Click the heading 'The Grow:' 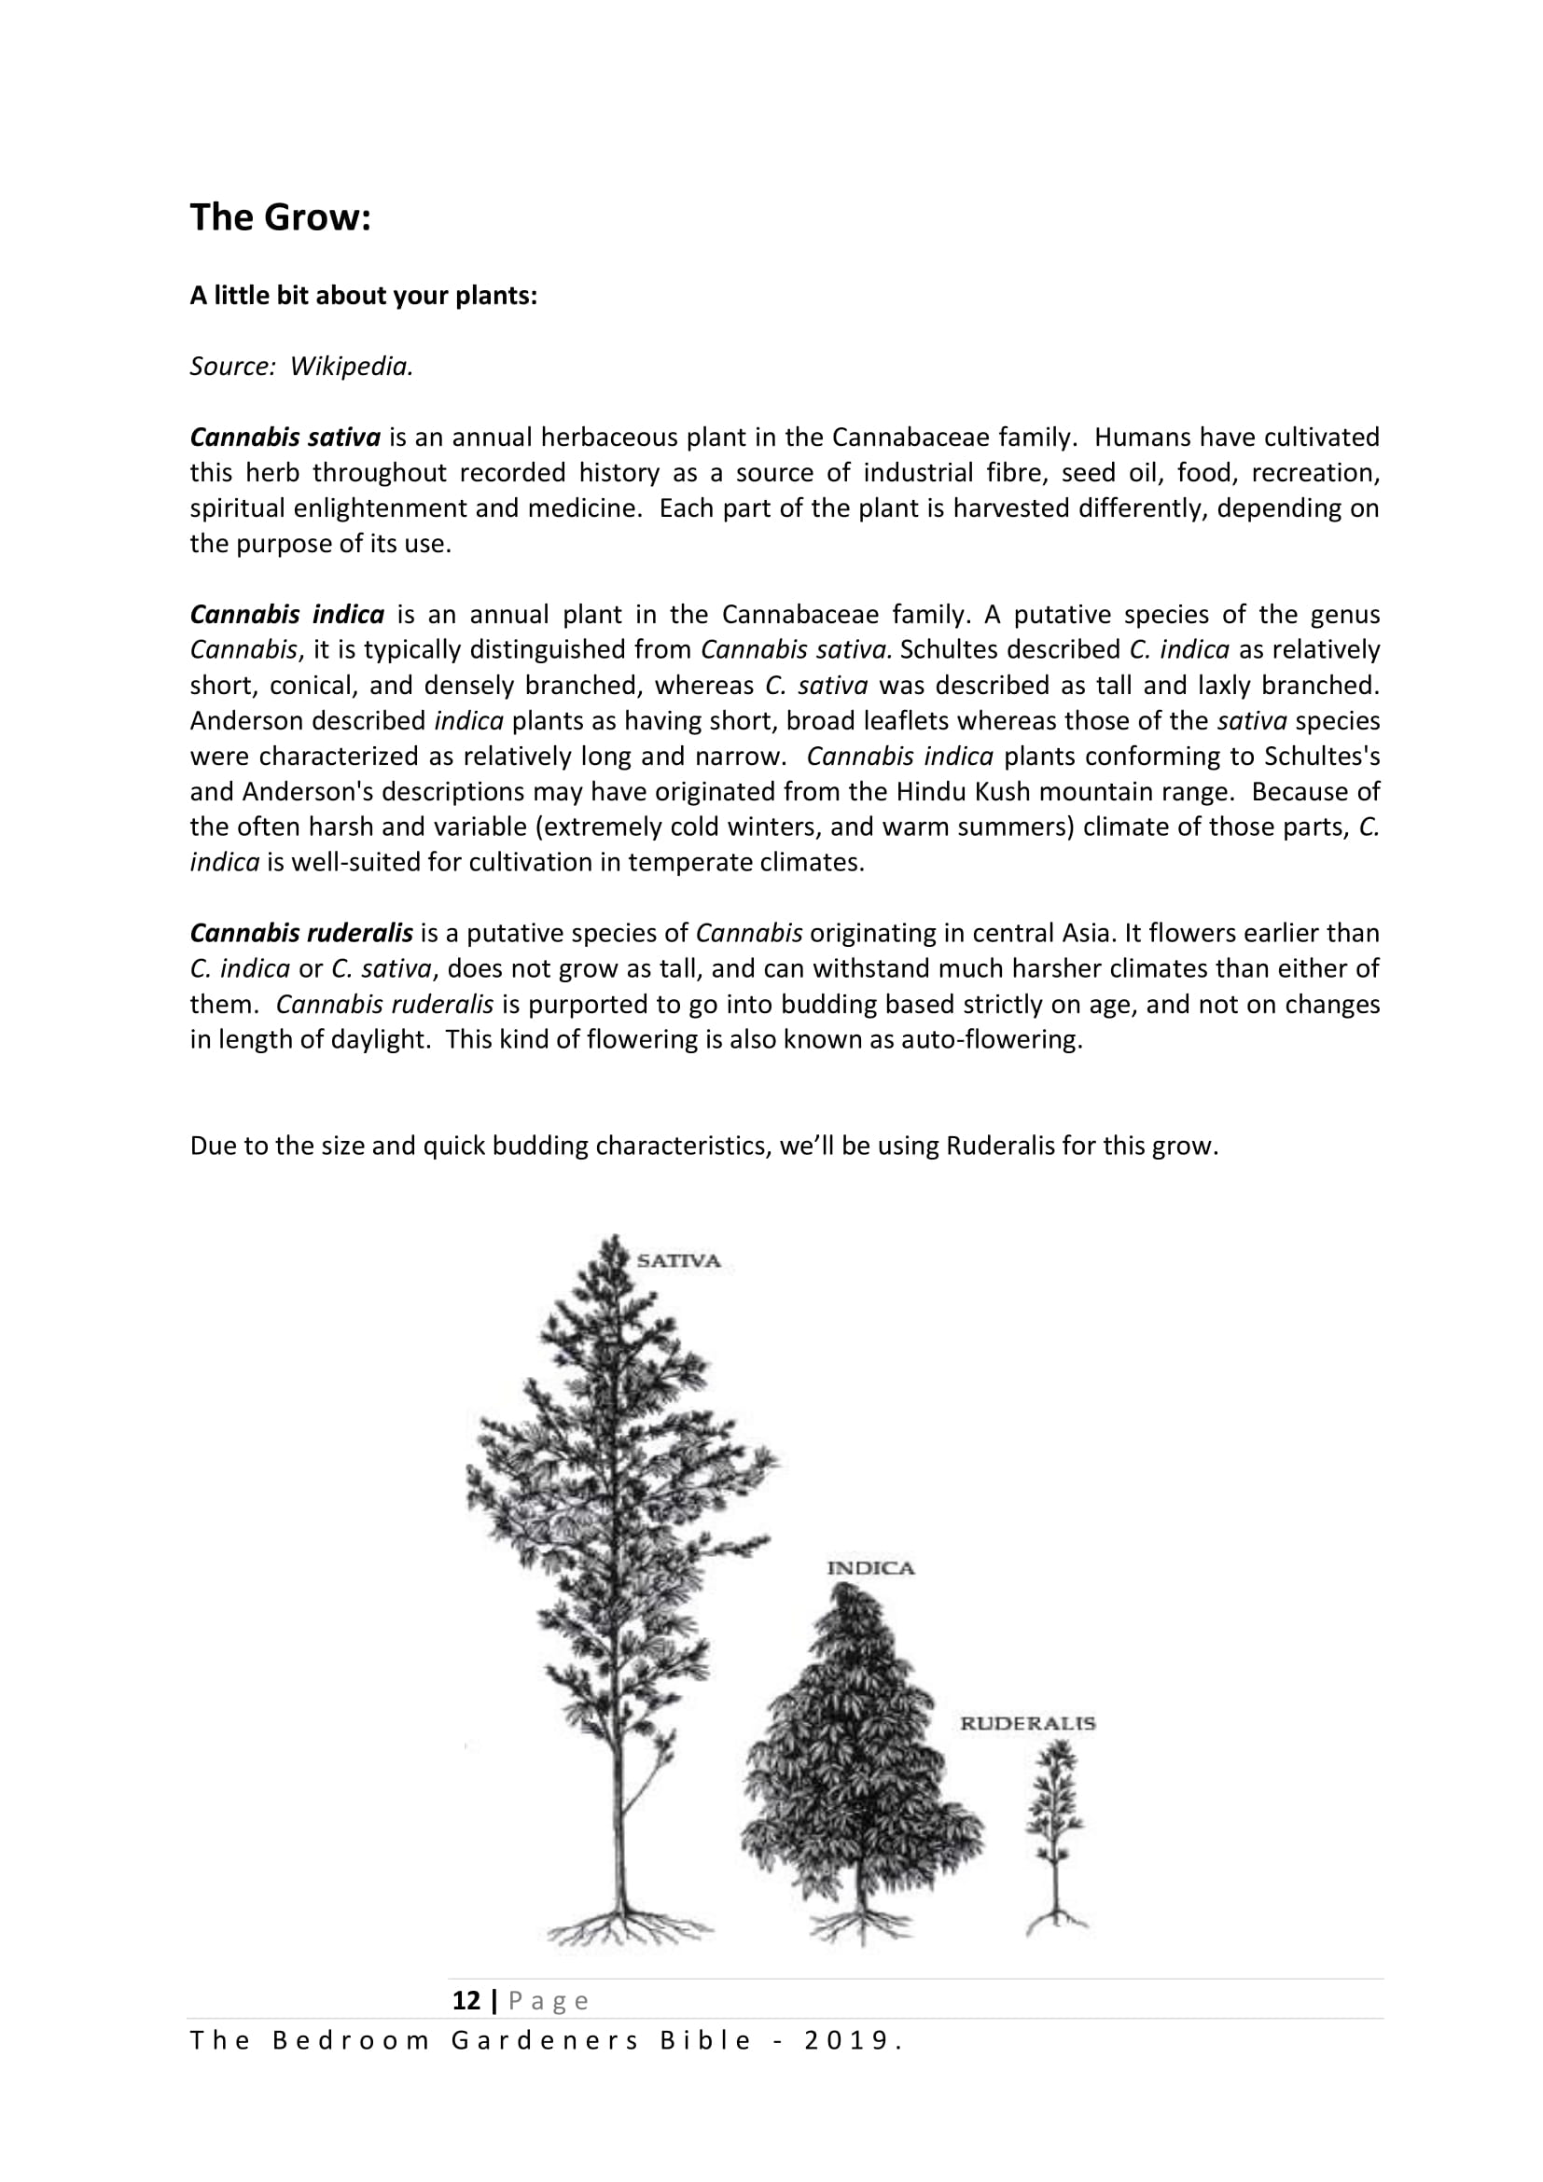pos(279,217)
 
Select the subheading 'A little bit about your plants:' pos(363,296)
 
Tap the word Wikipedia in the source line pos(351,367)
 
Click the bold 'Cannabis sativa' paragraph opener pos(285,438)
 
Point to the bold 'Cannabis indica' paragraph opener pos(287,615)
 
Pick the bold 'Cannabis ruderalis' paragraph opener pos(301,933)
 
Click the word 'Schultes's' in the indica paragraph pos(1322,757)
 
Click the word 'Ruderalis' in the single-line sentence pos(1000,1147)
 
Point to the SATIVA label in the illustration pos(678,1262)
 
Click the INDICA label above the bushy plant pos(870,1569)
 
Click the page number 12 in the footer pos(466,2001)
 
